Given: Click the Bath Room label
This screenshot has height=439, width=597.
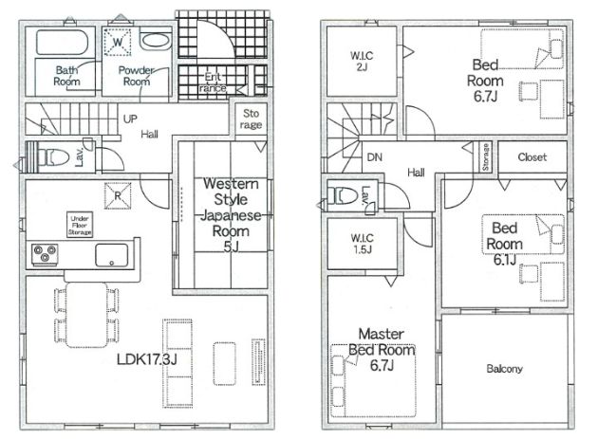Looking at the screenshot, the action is click(x=67, y=76).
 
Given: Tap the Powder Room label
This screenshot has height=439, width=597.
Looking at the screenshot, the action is click(x=137, y=76).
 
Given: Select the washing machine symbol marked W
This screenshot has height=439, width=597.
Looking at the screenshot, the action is click(x=118, y=42).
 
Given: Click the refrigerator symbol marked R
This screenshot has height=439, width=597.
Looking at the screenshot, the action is click(x=118, y=196).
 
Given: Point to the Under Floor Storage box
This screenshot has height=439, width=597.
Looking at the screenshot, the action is click(x=80, y=225).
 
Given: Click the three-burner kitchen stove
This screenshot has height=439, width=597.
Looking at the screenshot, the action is click(x=45, y=254).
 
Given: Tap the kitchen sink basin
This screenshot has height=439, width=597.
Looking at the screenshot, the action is click(x=112, y=255).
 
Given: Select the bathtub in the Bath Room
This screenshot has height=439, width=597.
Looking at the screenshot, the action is click(x=63, y=43).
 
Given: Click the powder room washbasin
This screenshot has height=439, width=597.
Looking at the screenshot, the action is click(x=156, y=41).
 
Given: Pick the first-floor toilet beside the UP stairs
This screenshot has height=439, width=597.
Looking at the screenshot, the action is click(x=53, y=157).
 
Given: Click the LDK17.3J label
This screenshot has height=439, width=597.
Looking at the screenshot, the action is click(x=146, y=359).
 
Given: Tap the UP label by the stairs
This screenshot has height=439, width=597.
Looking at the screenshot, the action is click(x=130, y=119).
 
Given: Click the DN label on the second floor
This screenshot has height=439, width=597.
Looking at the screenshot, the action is click(x=375, y=157).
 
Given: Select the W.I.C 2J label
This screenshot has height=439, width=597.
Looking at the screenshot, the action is click(x=362, y=62).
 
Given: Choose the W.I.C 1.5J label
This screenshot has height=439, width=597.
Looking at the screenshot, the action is click(x=362, y=244).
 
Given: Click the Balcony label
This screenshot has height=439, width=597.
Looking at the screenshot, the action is click(x=505, y=368).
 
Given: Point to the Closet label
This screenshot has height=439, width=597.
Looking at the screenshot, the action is click(x=532, y=157).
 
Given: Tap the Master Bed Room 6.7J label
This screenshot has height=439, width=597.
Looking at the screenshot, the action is click(x=382, y=350).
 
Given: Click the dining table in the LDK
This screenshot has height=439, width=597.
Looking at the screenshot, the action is click(x=86, y=315).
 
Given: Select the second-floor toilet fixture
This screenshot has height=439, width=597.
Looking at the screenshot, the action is click(x=343, y=195).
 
